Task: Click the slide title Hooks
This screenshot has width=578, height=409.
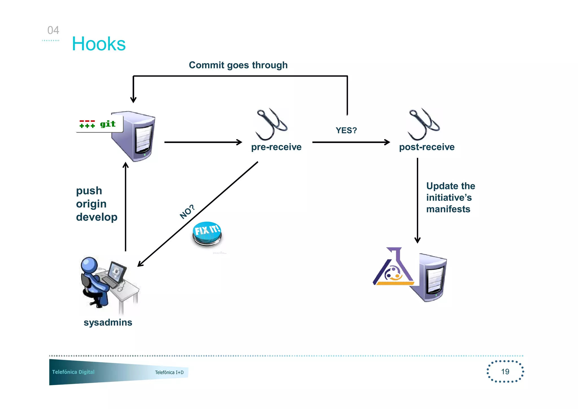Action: click(98, 44)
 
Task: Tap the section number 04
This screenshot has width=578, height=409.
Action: click(53, 30)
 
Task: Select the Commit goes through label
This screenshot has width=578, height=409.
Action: click(238, 65)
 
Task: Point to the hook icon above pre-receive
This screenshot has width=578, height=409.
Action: click(271, 124)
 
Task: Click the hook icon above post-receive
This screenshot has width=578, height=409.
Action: click(423, 124)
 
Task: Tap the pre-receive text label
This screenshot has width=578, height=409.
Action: click(276, 147)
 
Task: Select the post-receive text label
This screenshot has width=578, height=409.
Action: click(426, 147)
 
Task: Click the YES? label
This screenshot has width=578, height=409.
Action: click(346, 130)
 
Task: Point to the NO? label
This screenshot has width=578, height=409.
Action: click(187, 212)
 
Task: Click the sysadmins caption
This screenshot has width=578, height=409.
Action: click(108, 322)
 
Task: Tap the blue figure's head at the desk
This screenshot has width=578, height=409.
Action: click(89, 264)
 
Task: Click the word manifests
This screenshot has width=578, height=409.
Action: click(448, 209)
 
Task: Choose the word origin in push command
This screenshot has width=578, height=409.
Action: click(91, 204)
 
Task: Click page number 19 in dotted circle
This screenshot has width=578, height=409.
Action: click(505, 371)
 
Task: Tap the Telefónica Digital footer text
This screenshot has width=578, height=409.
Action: click(73, 372)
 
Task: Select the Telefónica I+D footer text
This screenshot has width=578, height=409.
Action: click(169, 372)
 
